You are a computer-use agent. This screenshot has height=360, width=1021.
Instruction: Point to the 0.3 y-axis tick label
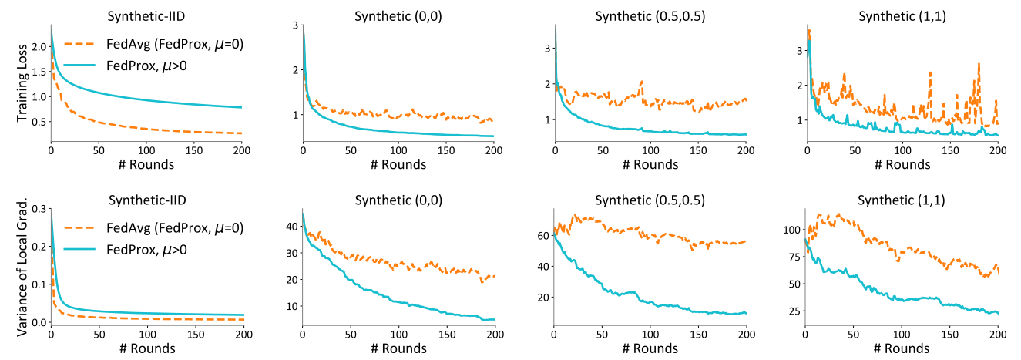[x=34, y=209]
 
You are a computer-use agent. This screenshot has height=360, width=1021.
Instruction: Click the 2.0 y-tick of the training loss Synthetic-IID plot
[x=34, y=45]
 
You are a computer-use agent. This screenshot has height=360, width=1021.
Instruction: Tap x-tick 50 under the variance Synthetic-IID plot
[x=99, y=336]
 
